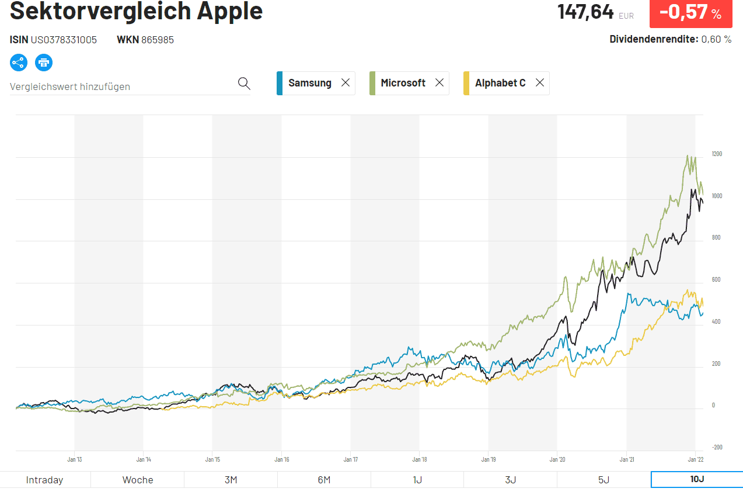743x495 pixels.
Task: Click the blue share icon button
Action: point(19,63)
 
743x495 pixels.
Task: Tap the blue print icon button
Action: point(44,63)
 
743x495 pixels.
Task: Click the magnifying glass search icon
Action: point(244,84)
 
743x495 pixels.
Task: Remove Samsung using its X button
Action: point(346,83)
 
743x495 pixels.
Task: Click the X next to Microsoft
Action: point(439,83)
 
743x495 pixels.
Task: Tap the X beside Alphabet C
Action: point(540,83)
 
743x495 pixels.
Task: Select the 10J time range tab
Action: point(696,480)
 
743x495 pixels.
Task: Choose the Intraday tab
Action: point(45,480)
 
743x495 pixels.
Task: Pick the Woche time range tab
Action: point(138,480)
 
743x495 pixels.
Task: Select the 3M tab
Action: point(231,480)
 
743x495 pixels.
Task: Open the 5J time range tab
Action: point(604,480)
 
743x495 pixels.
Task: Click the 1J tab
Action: point(417,480)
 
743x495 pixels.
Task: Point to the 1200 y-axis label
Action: point(717,154)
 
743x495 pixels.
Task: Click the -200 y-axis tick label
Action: point(717,447)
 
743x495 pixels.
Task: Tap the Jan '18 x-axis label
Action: point(419,459)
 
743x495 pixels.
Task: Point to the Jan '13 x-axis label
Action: point(75,459)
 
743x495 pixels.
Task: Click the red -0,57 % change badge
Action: point(690,13)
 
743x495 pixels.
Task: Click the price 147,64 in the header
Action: point(585,12)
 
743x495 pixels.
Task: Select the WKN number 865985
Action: point(158,40)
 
